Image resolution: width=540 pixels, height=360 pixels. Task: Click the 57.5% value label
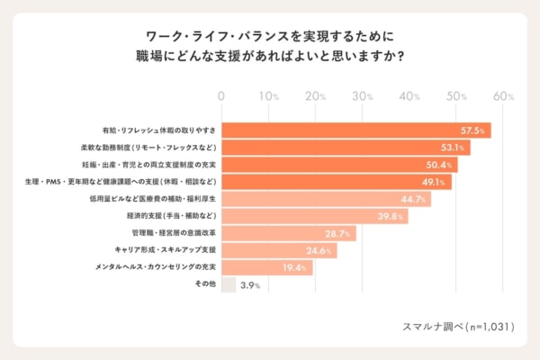point(474,130)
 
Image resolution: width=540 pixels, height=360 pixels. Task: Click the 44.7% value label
point(413,199)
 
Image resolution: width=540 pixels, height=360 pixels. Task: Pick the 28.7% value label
point(338,233)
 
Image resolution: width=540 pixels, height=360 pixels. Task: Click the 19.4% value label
point(295,267)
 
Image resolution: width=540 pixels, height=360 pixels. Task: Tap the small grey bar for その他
point(229,284)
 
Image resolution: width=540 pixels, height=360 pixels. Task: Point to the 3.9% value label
point(250,285)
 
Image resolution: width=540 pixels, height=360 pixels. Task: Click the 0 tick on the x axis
point(221,95)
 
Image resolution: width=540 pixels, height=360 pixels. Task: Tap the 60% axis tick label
point(504,95)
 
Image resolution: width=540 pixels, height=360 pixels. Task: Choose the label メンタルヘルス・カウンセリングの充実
point(156,267)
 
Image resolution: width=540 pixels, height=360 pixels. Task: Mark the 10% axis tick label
point(269,95)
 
